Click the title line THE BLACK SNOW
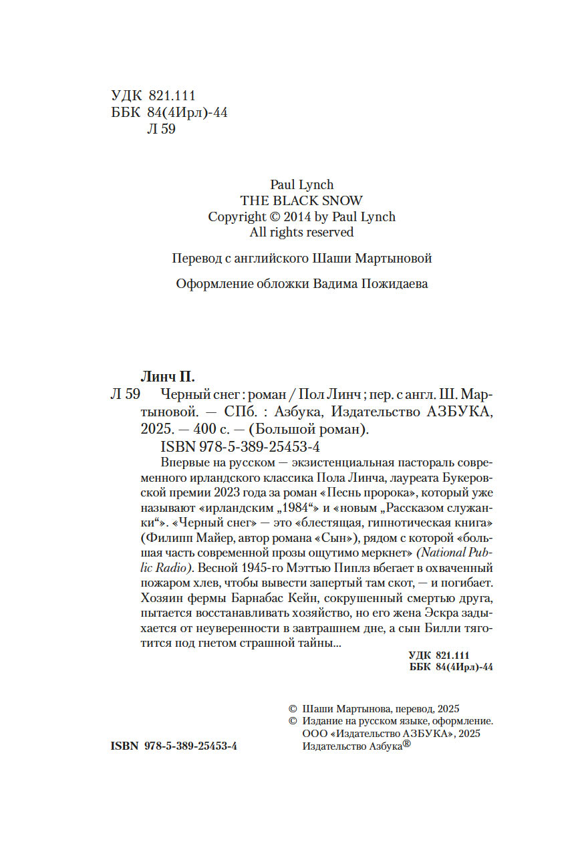pyautogui.click(x=301, y=200)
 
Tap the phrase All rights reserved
pyautogui.click(x=301, y=233)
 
